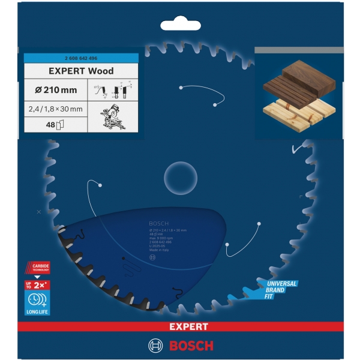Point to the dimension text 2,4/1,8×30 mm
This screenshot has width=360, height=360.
click(x=56, y=109)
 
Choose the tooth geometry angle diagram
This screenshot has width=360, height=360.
click(x=113, y=91)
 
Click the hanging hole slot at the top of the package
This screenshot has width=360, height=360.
click(x=180, y=26)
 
